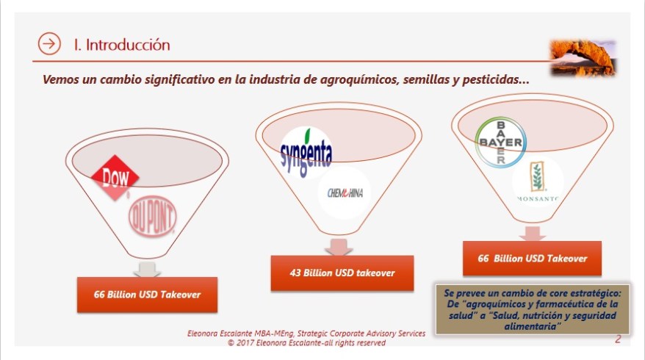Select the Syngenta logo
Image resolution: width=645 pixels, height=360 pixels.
tap(306, 152)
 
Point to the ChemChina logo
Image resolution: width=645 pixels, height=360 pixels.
tap(345, 193)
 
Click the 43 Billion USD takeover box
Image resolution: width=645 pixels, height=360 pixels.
tap(342, 273)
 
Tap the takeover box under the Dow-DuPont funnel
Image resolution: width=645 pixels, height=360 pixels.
tap(147, 295)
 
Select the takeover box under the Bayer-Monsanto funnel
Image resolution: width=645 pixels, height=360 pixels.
tap(533, 258)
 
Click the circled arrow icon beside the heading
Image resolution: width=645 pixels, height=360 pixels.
tap(49, 44)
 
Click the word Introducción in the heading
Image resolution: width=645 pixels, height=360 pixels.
tap(128, 44)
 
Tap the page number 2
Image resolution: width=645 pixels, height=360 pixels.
tap(618, 339)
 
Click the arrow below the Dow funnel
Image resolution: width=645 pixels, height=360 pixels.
tap(148, 269)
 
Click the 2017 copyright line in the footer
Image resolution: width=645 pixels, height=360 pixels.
tap(307, 342)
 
